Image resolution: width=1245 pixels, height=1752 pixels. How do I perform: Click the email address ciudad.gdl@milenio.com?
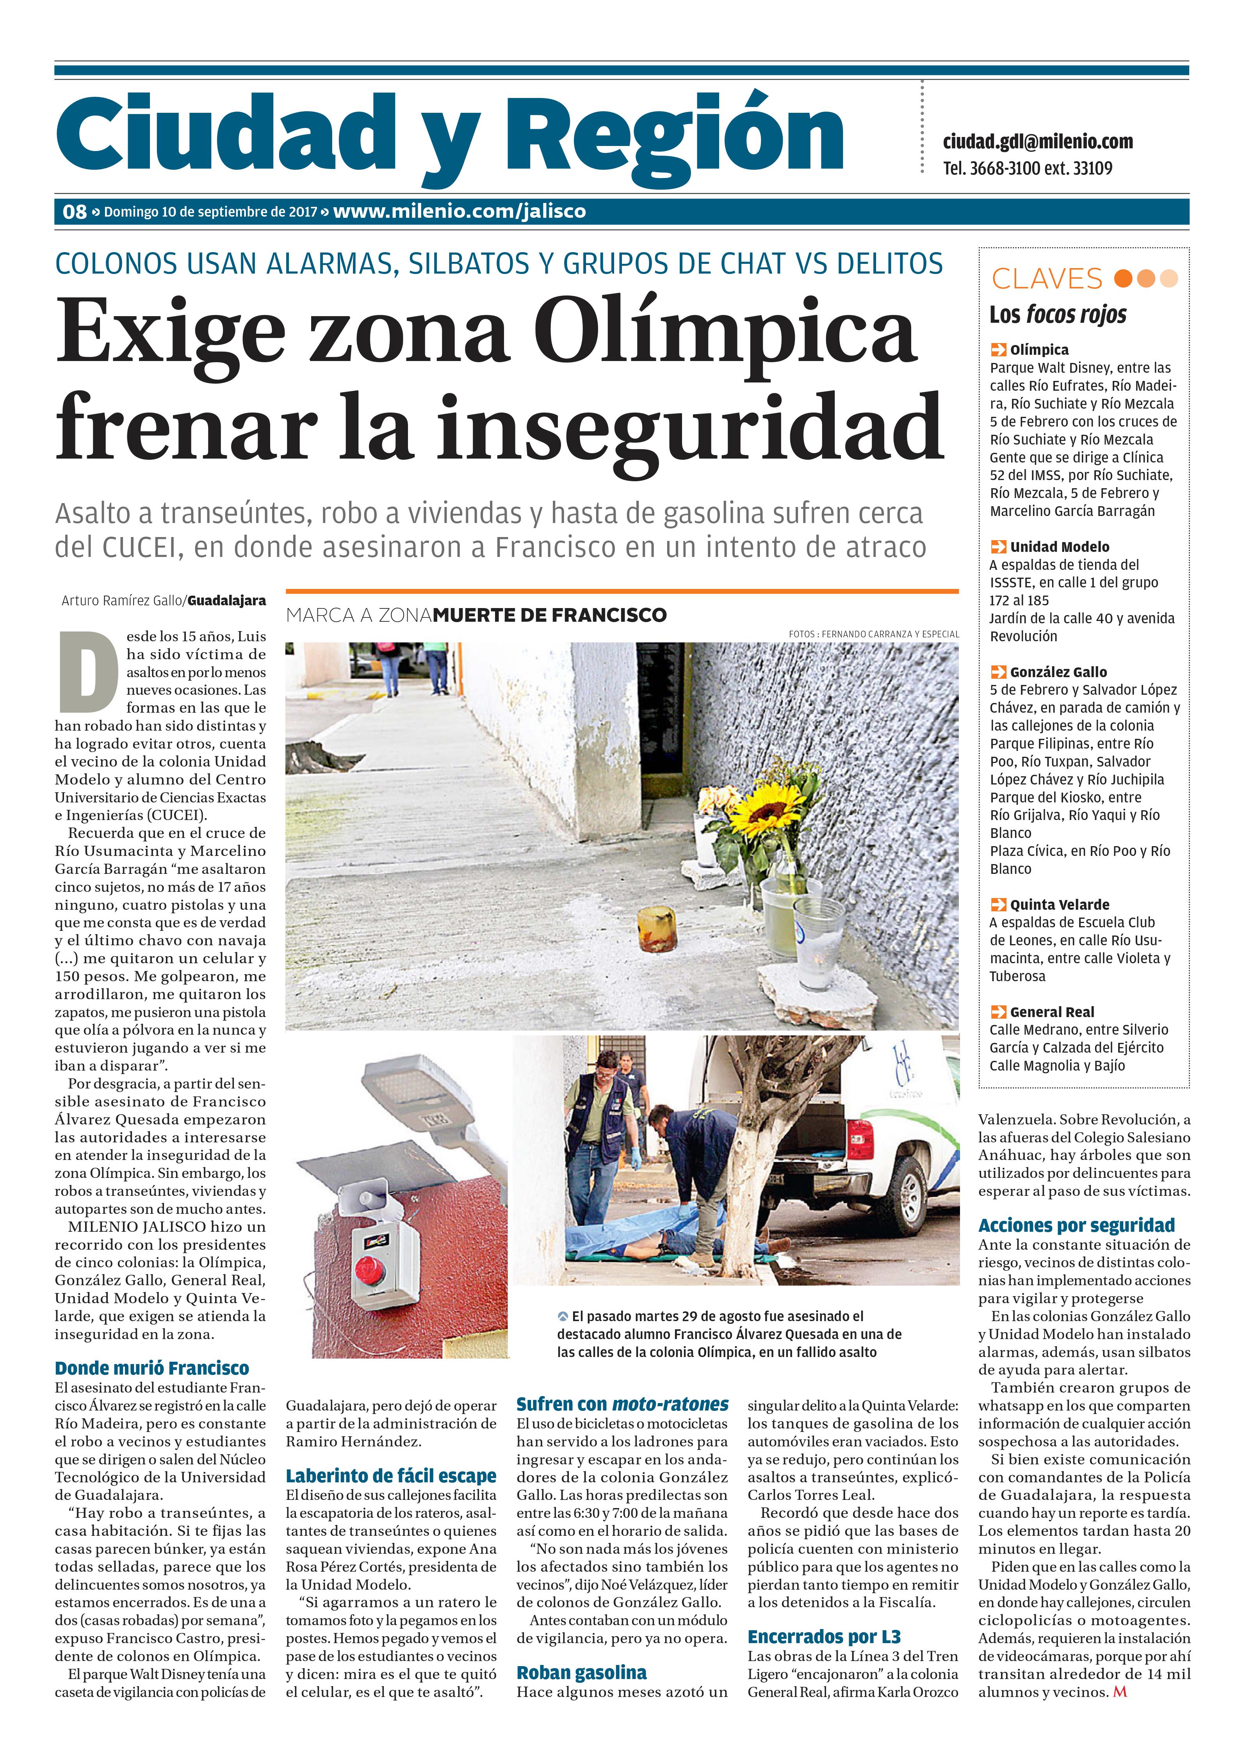click(x=1037, y=142)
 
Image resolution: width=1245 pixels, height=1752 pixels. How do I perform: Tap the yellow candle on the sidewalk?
click(x=657, y=929)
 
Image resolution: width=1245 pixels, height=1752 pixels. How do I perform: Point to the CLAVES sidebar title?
click(x=1046, y=279)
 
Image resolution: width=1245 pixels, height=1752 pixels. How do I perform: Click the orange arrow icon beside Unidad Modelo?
click(x=998, y=546)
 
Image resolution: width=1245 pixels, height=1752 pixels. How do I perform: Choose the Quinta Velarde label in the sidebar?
click(x=1060, y=904)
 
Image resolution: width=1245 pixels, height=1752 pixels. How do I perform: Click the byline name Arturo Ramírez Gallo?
click(x=122, y=601)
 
